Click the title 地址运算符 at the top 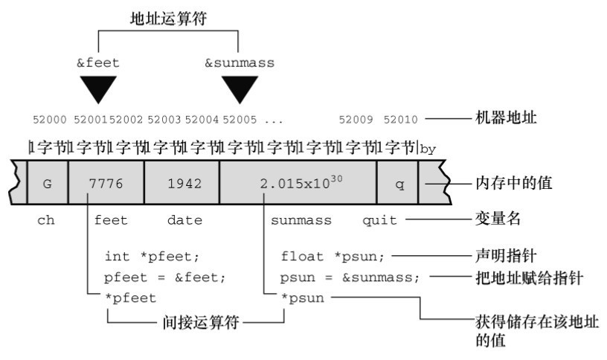[169, 20]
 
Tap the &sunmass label [239, 63]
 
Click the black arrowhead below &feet [97, 89]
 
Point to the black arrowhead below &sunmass [240, 89]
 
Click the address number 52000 [50, 118]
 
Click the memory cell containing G [47, 184]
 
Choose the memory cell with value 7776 [105, 184]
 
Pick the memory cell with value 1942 [182, 184]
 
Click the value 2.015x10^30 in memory [298, 183]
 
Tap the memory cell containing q [398, 184]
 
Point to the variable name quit [379, 220]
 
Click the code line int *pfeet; [152, 257]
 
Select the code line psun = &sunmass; [350, 277]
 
